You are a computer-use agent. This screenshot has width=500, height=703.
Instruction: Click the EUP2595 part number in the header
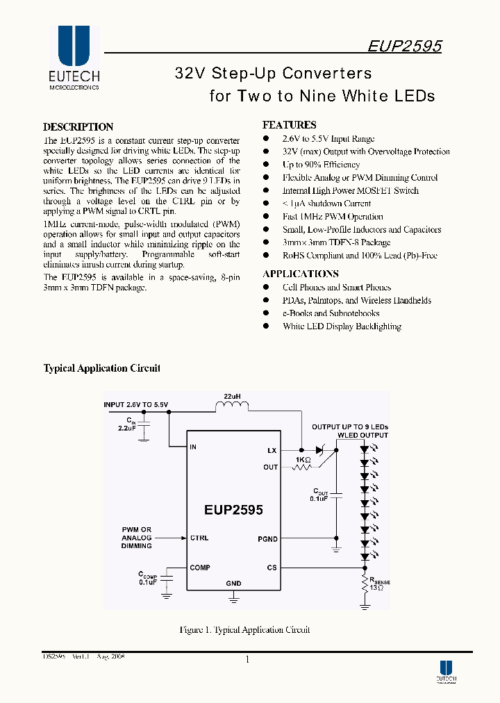(403, 46)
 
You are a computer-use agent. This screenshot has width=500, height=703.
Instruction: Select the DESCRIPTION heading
(78, 127)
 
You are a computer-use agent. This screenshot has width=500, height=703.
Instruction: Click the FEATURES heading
(289, 125)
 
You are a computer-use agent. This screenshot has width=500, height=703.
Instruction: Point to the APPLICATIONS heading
(301, 274)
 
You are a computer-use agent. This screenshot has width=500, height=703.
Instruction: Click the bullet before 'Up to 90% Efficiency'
(266, 165)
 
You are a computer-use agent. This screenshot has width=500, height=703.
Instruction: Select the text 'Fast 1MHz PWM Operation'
(333, 217)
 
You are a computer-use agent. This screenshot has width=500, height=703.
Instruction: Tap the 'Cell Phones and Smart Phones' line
(337, 288)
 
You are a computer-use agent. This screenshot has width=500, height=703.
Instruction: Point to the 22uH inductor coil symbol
(232, 408)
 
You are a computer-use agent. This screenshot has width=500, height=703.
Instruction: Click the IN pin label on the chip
(193, 447)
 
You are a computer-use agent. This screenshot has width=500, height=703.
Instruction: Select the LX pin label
(272, 451)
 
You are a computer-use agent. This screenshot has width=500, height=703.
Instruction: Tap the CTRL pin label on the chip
(199, 538)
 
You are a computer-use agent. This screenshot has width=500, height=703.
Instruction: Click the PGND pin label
(267, 539)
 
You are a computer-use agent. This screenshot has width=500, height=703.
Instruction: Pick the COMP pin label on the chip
(200, 568)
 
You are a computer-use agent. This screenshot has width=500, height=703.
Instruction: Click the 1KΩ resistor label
(303, 460)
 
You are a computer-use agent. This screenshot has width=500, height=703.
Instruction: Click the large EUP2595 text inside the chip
(233, 509)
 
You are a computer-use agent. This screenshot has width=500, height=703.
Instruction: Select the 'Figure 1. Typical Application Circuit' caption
(244, 630)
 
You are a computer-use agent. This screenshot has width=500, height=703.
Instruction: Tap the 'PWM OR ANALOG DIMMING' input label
(136, 538)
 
